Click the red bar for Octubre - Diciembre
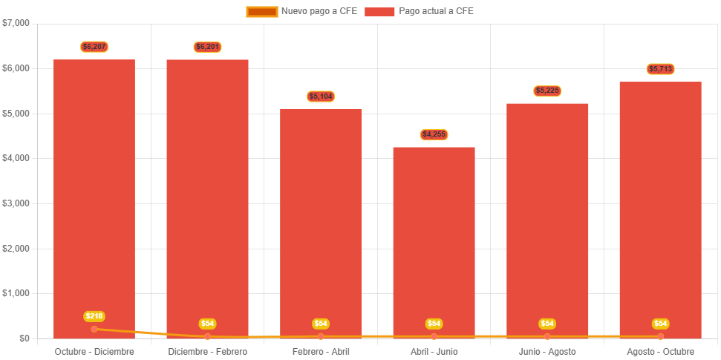(94, 193)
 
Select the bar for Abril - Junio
(434, 238)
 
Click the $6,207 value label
(94, 47)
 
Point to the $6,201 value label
(208, 47)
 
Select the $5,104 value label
(321, 96)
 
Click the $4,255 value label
(434, 134)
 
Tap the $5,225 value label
(547, 91)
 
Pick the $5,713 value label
(660, 69)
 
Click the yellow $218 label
(94, 316)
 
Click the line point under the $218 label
(94, 329)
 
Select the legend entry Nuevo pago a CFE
(301, 11)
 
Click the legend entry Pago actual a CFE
(420, 11)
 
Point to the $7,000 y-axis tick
(16, 23)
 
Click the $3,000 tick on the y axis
(16, 203)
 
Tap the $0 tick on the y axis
(25, 338)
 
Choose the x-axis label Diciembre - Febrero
(208, 351)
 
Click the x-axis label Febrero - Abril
(321, 351)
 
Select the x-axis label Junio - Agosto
(547, 351)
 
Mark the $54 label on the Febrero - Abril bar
(321, 324)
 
